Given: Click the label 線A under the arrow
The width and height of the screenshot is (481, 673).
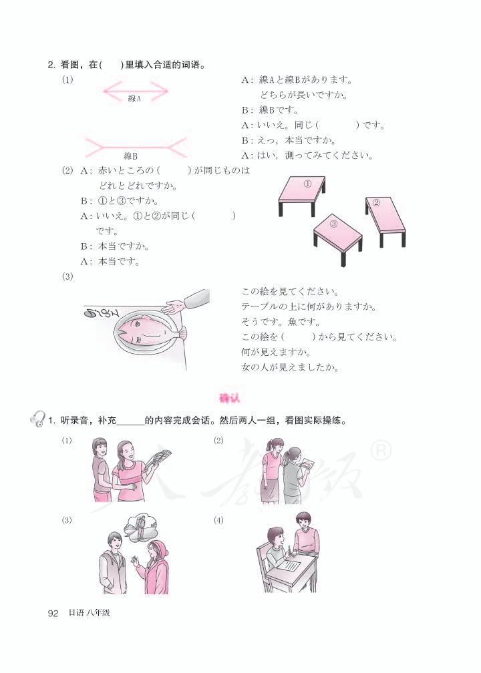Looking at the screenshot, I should (134, 99).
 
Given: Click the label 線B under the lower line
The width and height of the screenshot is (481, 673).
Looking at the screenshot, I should (130, 156).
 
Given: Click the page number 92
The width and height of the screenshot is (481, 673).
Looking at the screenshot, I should (53, 613).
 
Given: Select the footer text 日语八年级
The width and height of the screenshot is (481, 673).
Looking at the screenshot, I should (89, 613).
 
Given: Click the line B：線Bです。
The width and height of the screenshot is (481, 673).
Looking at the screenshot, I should (271, 110).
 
